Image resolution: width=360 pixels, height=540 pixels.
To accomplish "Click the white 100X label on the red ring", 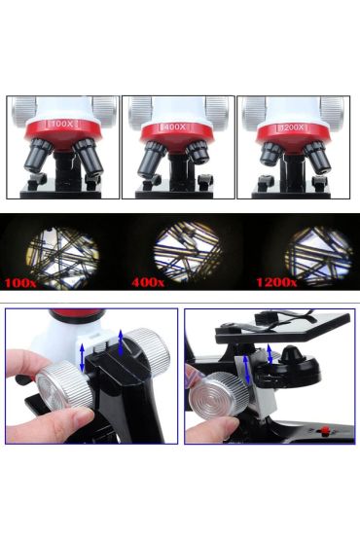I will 63,125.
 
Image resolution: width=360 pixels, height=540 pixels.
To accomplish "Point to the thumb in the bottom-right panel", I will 206,428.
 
